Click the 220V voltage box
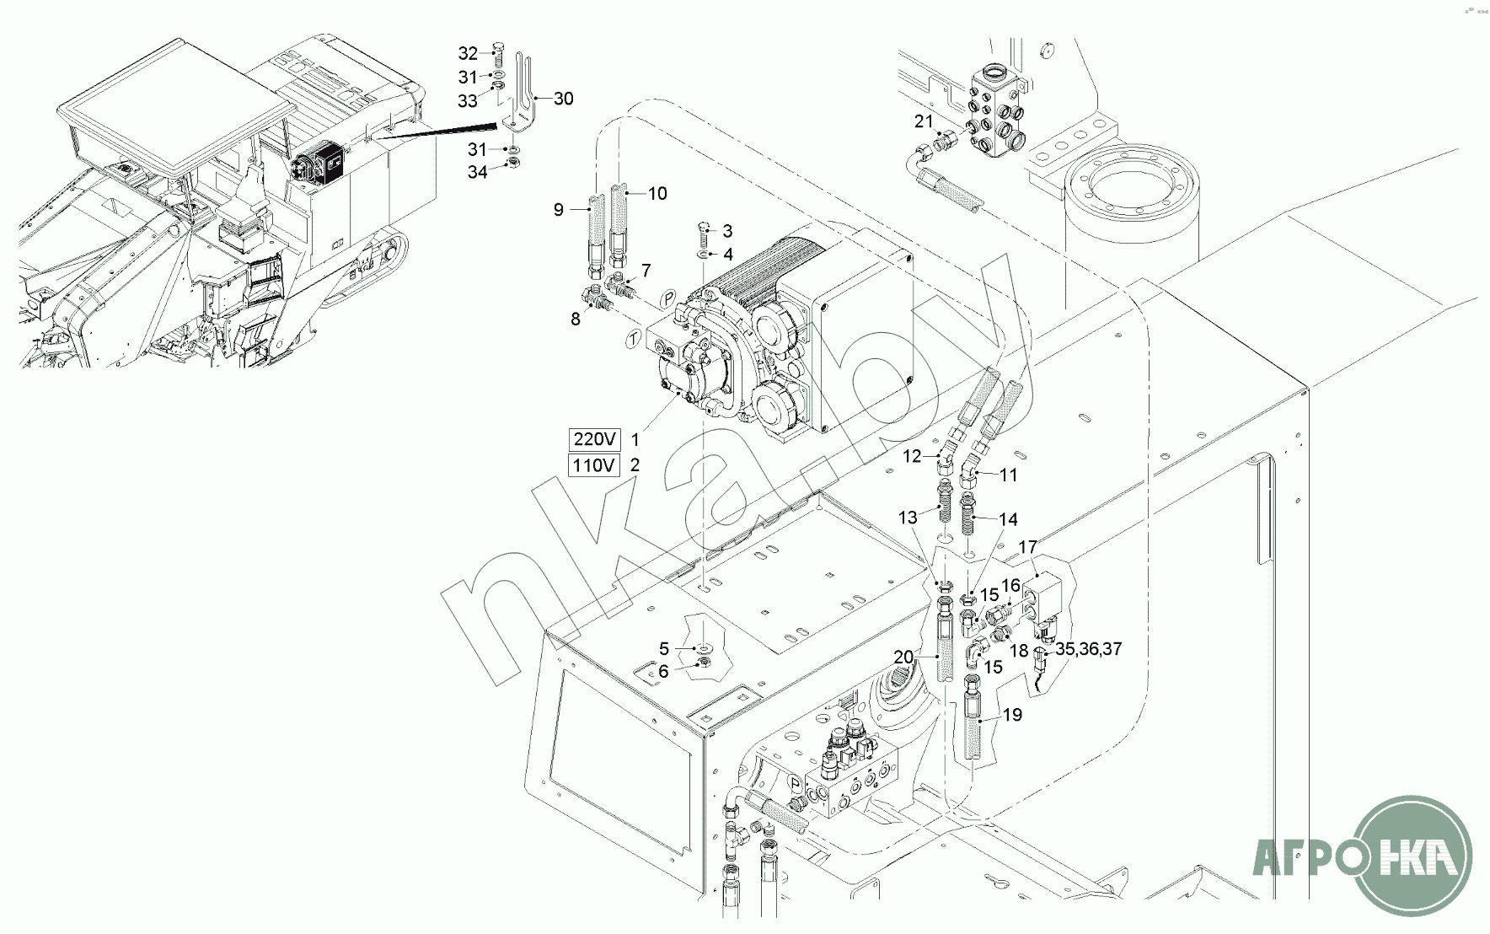coord(595,439)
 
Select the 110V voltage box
coord(595,465)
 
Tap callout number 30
coord(563,99)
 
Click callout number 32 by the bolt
coord(468,53)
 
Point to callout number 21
coord(925,121)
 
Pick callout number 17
coord(1027,548)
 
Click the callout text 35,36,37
coord(1088,649)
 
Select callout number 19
coord(1012,715)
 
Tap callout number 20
coord(903,655)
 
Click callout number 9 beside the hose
coord(558,210)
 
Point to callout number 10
coord(657,194)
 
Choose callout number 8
coord(576,319)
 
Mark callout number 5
coord(664,648)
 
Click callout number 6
coord(664,671)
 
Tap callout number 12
coord(913,457)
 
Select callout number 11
coord(1009,475)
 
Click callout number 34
coord(478,172)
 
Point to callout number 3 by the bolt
coord(727,231)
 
